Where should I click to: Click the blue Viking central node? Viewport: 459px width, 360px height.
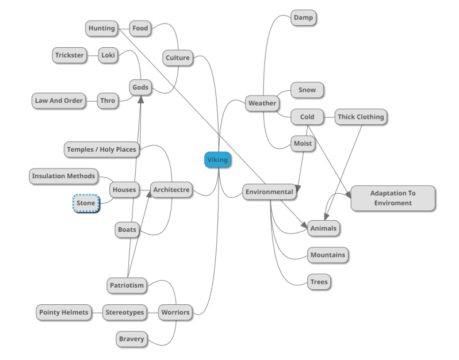(x=217, y=160)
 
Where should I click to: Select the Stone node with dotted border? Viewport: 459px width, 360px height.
(x=86, y=203)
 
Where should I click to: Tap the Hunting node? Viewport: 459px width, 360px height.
(x=102, y=28)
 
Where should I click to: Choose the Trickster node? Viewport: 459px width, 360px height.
(x=70, y=55)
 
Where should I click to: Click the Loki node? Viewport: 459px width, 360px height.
(x=108, y=55)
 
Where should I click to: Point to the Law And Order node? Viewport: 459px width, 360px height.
(x=59, y=101)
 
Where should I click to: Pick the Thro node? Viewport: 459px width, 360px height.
(x=108, y=101)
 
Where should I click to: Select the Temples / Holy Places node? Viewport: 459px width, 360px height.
(x=101, y=150)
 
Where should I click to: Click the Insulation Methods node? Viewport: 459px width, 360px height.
(x=63, y=176)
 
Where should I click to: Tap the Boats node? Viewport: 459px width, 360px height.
(x=127, y=229)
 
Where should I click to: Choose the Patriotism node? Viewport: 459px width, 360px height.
(x=127, y=285)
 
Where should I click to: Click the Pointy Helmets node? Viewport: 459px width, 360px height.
(x=64, y=312)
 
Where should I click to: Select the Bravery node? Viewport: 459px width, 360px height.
(x=132, y=339)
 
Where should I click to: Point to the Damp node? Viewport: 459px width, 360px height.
(x=303, y=18)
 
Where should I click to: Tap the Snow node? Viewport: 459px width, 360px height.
(x=307, y=90)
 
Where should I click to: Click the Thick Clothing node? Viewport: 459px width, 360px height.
(x=361, y=117)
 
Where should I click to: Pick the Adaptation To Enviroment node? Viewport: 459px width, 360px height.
(x=393, y=198)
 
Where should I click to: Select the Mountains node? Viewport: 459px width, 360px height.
(x=328, y=255)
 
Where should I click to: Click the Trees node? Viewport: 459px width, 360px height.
(x=319, y=282)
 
